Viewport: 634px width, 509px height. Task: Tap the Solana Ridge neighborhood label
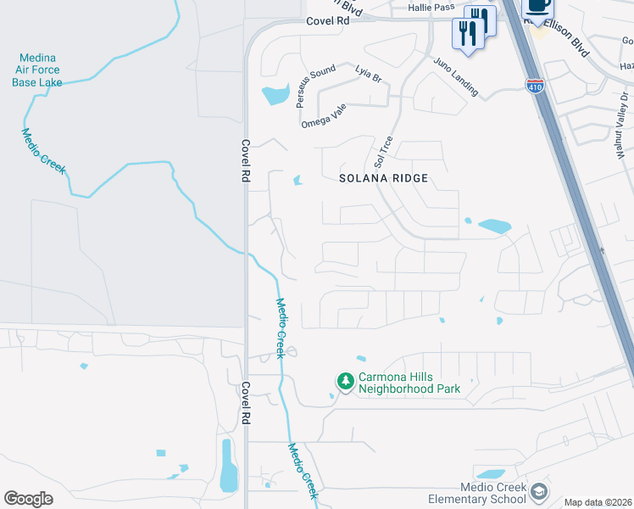point(384,178)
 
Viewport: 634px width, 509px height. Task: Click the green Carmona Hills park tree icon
point(345,382)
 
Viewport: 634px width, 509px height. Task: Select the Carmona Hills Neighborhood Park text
point(409,383)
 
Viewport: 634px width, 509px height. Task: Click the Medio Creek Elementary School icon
point(538,492)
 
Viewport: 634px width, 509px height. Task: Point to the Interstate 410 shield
point(536,85)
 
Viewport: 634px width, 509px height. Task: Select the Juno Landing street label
point(456,76)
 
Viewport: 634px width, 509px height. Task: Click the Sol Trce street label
point(381,150)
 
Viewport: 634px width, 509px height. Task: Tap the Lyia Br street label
point(369,74)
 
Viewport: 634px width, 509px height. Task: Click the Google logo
point(28,499)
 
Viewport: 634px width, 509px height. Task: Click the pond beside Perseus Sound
point(275,95)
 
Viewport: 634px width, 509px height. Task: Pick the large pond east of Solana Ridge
point(494,227)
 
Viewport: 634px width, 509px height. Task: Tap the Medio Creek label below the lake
point(43,151)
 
